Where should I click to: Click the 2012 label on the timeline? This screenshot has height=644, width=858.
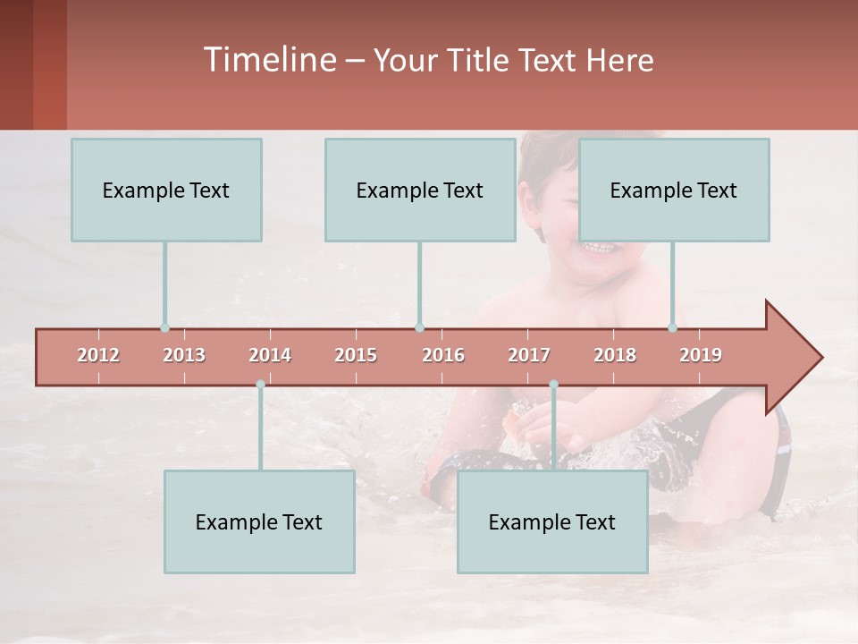pos(98,355)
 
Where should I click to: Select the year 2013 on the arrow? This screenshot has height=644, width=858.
pos(184,355)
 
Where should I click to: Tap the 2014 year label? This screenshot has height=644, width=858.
pos(270,355)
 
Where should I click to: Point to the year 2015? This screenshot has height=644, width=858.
pos(356,355)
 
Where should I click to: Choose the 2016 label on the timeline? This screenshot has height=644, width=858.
pos(443,355)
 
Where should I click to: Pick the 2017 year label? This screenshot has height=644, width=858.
pos(529,355)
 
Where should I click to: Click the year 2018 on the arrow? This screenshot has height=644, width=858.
pos(615,355)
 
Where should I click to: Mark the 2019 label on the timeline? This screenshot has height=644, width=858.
pos(701,355)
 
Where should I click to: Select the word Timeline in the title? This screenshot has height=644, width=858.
pos(269,60)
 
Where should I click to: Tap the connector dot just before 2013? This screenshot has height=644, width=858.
pos(164,328)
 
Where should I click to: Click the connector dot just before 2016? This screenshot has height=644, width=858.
pos(419,328)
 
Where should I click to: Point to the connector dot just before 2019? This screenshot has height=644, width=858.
pos(673,328)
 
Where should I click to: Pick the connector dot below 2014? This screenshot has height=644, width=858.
pos(260,385)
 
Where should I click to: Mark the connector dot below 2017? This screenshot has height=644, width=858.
pos(553,385)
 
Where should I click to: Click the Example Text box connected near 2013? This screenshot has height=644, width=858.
pos(166,190)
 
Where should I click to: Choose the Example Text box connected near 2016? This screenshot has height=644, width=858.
pos(420,190)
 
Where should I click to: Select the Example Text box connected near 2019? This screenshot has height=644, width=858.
pos(674,190)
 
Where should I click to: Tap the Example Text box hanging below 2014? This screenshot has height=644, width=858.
pos(259,521)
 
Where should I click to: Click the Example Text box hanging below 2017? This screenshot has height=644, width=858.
pos(552,521)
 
